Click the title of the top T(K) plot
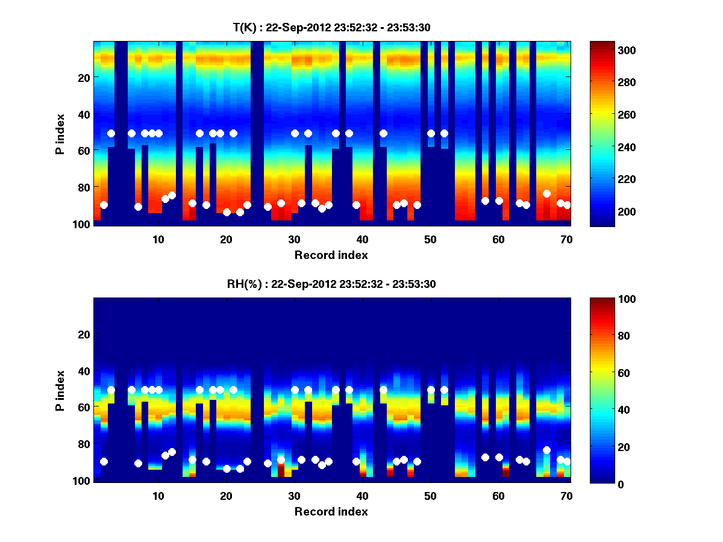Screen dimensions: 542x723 [x=331, y=27]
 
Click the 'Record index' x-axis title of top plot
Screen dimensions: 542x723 [x=331, y=255]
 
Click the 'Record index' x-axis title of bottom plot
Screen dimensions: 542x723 [x=331, y=512]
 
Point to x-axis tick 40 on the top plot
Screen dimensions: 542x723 [x=362, y=239]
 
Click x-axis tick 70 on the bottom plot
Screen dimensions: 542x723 [x=566, y=496]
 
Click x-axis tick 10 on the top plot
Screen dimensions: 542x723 [x=158, y=239]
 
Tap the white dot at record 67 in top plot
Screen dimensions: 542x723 [x=546, y=193]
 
